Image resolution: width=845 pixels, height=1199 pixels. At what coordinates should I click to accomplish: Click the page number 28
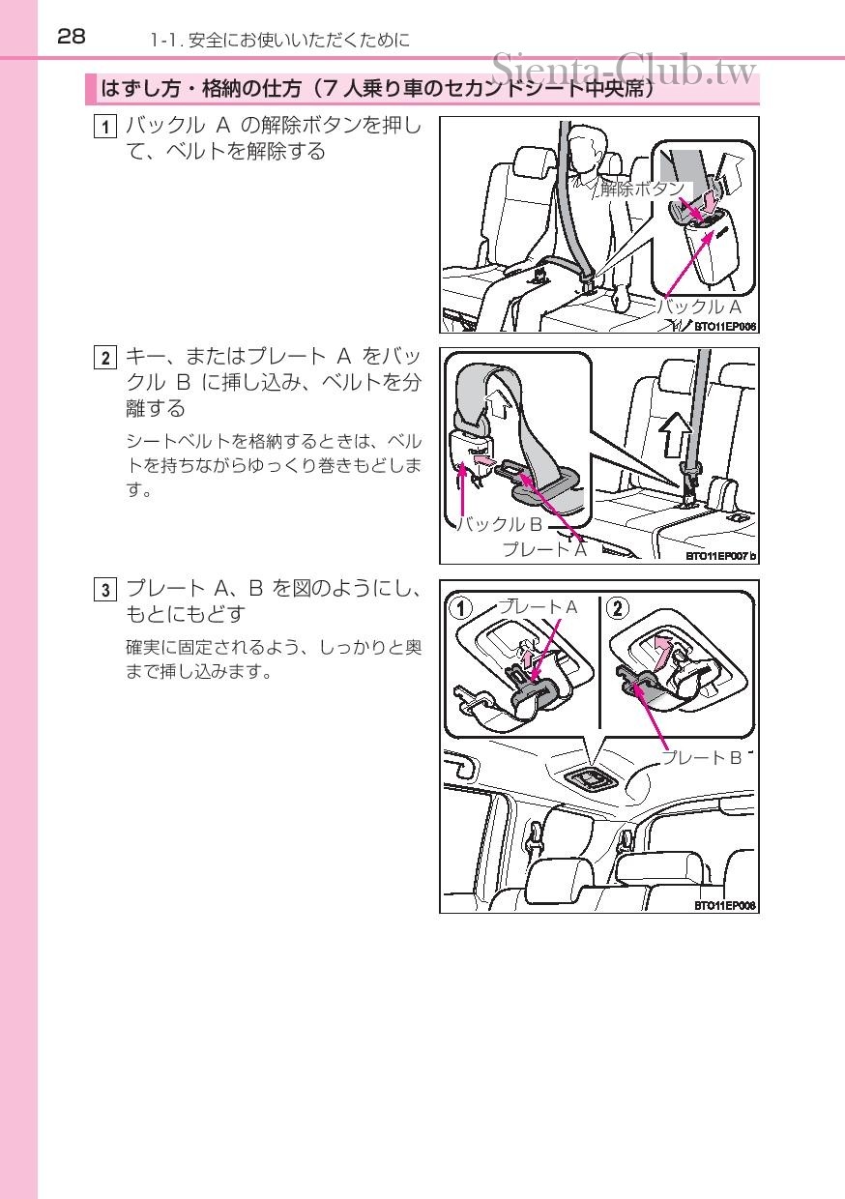72,37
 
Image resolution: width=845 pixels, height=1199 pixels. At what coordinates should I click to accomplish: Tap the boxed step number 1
104,128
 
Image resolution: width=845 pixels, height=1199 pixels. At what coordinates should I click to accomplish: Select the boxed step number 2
104,358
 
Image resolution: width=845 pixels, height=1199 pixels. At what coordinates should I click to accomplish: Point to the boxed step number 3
104,590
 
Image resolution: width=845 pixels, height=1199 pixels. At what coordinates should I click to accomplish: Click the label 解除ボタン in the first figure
642,189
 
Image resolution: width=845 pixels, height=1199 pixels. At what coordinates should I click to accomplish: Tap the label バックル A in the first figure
699,307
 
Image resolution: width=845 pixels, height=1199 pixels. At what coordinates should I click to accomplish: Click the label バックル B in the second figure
499,524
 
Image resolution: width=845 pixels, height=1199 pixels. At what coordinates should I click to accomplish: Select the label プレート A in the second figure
544,548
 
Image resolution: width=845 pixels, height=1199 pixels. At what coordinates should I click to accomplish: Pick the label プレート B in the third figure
702,757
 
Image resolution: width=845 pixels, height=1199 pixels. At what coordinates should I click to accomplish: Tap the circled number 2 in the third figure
618,608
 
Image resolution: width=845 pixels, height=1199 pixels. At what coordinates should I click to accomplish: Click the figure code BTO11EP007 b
721,557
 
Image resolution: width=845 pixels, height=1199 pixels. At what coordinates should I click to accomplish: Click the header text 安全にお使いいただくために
299,41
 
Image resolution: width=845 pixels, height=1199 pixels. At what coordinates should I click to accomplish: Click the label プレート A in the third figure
538,607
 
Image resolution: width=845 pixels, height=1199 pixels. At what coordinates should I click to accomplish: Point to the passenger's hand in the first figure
621,299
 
